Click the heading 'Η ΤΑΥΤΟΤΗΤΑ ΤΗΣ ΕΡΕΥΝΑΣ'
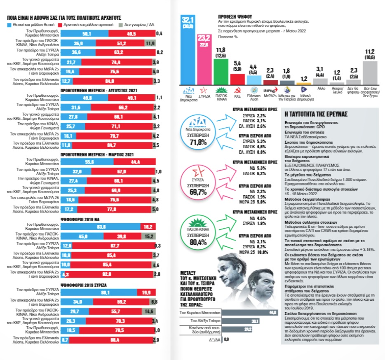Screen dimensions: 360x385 pyautogui.click(x=317, y=114)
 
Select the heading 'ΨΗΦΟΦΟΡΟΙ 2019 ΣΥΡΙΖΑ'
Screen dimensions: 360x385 pyautogui.click(x=33, y=285)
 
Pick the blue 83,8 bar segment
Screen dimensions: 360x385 pyautogui.click(x=101, y=227)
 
